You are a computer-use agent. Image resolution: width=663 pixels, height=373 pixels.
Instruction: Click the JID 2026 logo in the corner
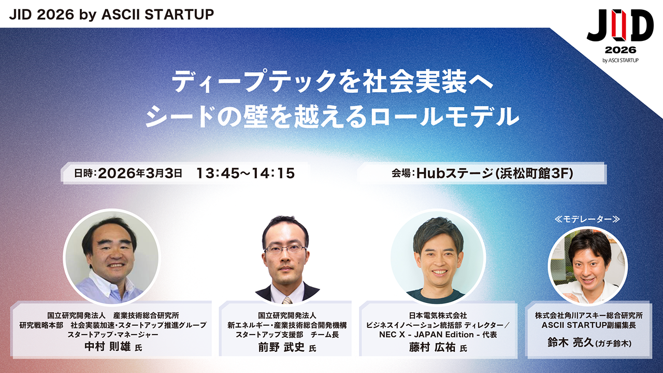coord(620,36)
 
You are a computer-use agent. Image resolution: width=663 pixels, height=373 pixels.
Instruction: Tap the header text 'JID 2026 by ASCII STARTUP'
coord(111,14)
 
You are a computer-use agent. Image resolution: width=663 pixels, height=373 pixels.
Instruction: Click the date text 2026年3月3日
coord(140,173)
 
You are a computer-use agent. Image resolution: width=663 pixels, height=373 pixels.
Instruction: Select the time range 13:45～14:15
coord(246,173)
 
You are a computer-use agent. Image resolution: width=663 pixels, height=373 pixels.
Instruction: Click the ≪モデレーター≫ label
coord(587,219)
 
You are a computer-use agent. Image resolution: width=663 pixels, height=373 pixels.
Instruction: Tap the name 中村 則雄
coord(107,347)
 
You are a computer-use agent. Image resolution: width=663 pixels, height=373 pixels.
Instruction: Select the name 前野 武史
coord(281,347)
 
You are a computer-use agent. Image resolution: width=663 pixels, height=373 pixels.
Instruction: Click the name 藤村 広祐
coord(432,347)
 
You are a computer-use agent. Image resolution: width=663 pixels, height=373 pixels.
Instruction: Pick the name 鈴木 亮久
coord(570,342)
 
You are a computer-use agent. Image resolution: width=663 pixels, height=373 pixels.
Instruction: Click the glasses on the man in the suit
coord(285,249)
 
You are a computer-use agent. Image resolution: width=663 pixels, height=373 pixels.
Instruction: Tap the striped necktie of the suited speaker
coord(286,300)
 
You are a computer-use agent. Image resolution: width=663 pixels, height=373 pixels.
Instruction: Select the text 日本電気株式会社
coord(438,315)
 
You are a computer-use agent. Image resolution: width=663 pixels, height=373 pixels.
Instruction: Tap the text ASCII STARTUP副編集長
coord(589,325)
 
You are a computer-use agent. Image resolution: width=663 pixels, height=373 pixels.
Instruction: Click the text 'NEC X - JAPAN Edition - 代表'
coord(438,335)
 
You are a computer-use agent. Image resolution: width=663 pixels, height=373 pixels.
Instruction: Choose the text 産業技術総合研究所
coord(146,315)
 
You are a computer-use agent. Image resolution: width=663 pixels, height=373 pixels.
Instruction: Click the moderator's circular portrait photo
coord(587,266)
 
